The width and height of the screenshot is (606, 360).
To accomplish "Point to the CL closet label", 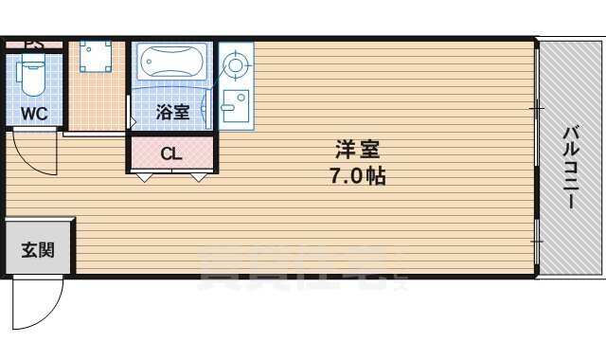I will (170, 153).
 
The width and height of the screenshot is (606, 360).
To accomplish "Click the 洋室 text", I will (357, 150).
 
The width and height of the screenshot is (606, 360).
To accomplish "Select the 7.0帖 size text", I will (357, 176).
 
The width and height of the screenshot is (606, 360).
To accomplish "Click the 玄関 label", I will (37, 250).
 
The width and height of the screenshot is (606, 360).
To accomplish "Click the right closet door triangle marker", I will (197, 176).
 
